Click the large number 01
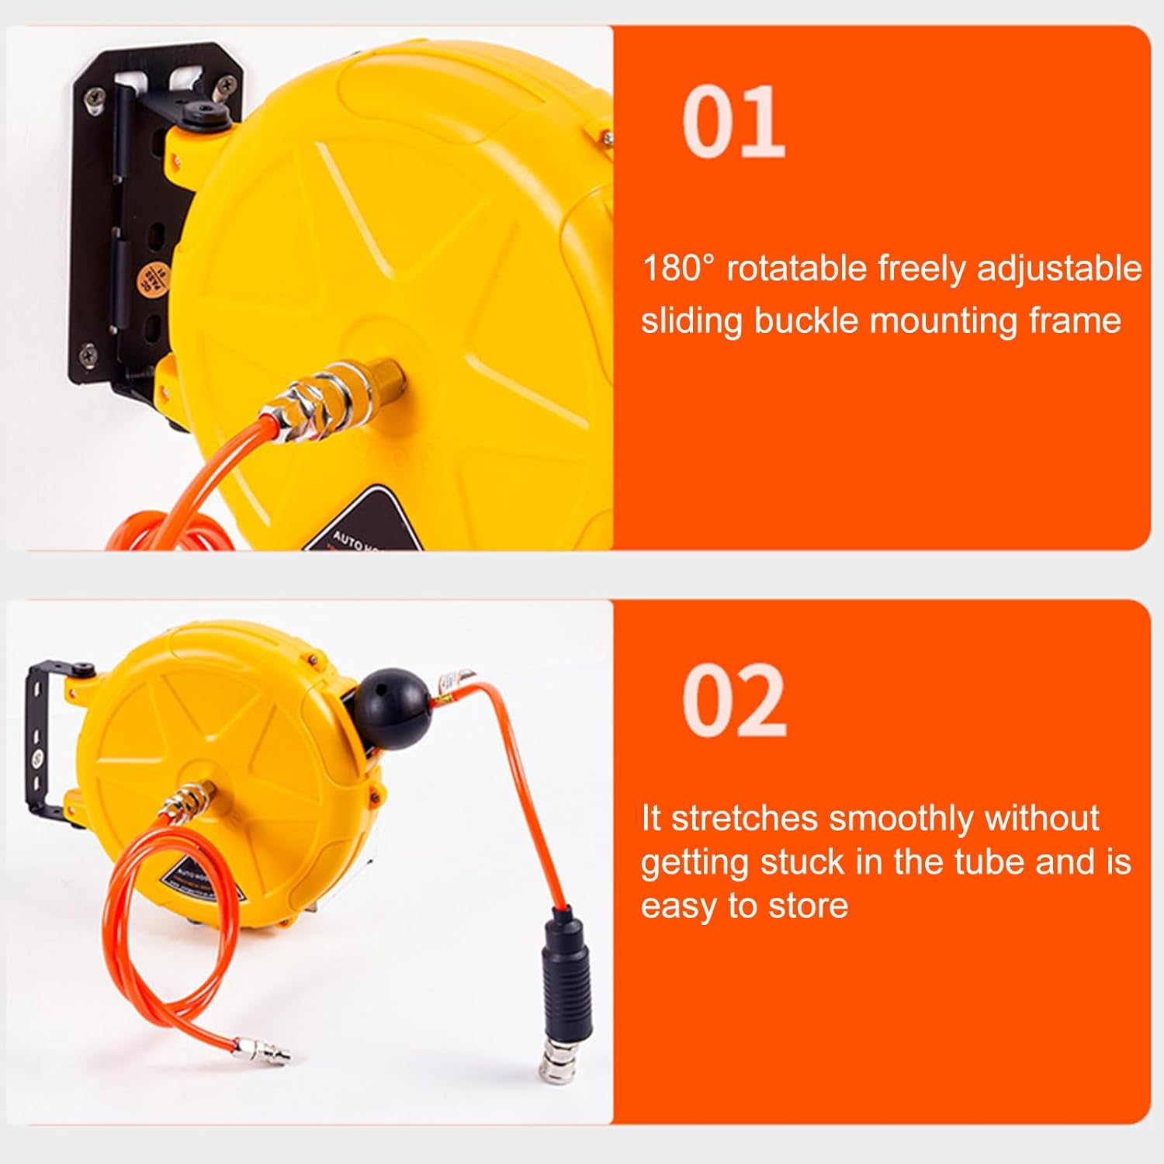tap(733, 122)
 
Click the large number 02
tap(734, 701)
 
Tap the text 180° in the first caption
tap(677, 268)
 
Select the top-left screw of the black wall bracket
tap(95, 99)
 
